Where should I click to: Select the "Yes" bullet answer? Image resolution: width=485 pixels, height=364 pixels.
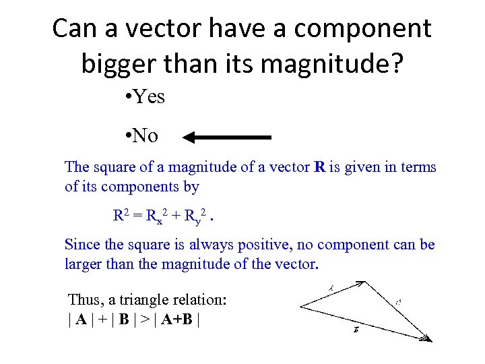coord(148,97)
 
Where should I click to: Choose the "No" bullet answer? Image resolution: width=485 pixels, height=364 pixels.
coord(145,136)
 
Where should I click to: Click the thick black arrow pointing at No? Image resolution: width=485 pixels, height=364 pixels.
coord(226,138)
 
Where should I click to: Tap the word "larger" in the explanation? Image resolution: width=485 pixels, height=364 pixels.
coord(84,264)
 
